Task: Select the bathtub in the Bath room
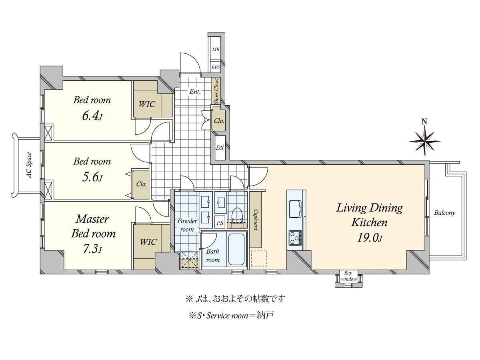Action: pos(236,249)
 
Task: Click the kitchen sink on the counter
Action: pos(295,208)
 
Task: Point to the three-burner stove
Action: pos(295,238)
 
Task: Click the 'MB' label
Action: pos(216,50)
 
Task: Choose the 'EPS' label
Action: pos(216,68)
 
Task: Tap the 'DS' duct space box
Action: pos(220,148)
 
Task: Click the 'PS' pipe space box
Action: pos(220,223)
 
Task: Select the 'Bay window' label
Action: pos(348,276)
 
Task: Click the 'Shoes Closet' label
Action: pos(216,91)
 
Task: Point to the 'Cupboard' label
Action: pos(256,220)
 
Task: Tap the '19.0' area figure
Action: pos(369,238)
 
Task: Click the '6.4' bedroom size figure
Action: pos(92,116)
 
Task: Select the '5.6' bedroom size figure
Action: pos(92,177)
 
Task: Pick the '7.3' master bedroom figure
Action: pos(92,249)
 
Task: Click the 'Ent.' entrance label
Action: pos(195,91)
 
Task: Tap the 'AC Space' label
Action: pos(29,165)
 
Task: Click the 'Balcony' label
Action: pos(444,213)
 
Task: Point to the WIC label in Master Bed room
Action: pos(148,242)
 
